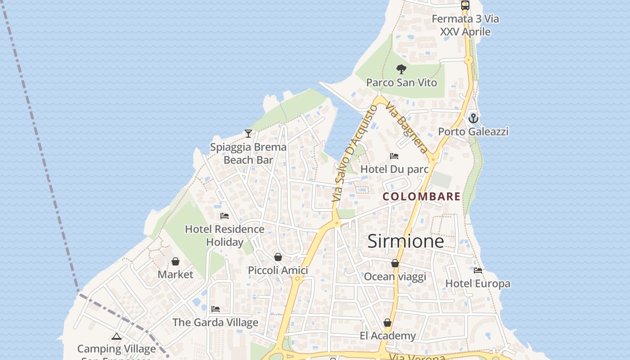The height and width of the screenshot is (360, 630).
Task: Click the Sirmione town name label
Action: (x=405, y=242)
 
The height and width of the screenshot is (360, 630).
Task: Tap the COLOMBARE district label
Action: (x=422, y=197)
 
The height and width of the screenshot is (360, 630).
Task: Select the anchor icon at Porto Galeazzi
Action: (x=473, y=118)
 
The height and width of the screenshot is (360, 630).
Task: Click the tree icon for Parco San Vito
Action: (x=401, y=69)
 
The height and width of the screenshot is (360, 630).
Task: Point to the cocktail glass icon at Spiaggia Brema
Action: (x=248, y=133)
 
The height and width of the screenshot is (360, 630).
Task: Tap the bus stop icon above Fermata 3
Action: (x=465, y=5)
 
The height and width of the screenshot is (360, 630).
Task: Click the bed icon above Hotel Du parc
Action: (x=394, y=156)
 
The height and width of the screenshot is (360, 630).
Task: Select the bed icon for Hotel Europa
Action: (x=478, y=270)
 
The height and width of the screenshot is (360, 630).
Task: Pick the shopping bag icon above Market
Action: (x=175, y=261)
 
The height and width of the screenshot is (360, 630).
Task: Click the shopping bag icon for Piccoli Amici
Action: (x=278, y=257)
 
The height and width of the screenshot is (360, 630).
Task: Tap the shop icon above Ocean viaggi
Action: (x=395, y=263)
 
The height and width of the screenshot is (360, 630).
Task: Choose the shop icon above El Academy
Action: (x=387, y=323)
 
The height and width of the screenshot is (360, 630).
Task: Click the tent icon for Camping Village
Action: (x=117, y=336)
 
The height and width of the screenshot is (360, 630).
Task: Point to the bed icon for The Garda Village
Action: (x=216, y=309)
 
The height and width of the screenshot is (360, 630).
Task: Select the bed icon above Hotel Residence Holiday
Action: (x=225, y=216)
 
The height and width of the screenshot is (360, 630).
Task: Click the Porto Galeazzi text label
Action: (x=473, y=131)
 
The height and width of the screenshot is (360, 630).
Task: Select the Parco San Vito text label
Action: (x=401, y=83)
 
